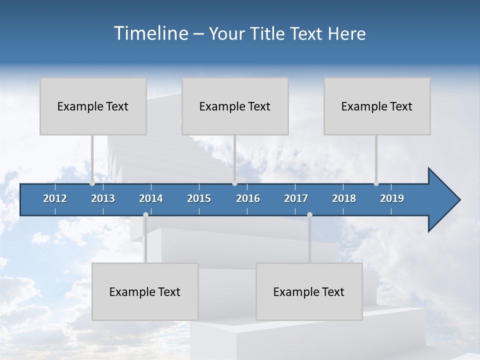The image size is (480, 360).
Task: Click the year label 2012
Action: (x=55, y=198)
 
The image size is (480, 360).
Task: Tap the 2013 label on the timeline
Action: (x=103, y=198)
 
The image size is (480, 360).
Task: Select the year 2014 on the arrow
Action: (x=151, y=198)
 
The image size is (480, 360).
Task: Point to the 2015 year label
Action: (x=199, y=198)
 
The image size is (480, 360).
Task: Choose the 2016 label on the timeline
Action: (x=248, y=198)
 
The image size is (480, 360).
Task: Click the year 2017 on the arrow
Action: (x=296, y=198)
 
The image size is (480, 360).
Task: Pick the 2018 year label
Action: (x=344, y=198)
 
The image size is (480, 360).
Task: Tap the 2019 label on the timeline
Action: (x=392, y=198)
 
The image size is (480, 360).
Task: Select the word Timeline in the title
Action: (x=150, y=33)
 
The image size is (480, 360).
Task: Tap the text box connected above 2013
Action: (x=93, y=106)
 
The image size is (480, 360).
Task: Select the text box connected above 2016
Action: (x=235, y=106)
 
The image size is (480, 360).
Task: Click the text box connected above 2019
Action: (x=377, y=106)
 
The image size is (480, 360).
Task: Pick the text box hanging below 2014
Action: (x=145, y=291)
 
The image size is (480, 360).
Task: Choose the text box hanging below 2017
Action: (x=309, y=291)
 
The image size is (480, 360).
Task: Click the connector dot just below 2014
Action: (x=145, y=214)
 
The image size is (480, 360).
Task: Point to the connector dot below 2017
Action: (x=309, y=214)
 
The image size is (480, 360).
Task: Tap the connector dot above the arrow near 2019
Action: (x=376, y=183)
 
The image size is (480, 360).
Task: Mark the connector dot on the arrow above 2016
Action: (x=234, y=183)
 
